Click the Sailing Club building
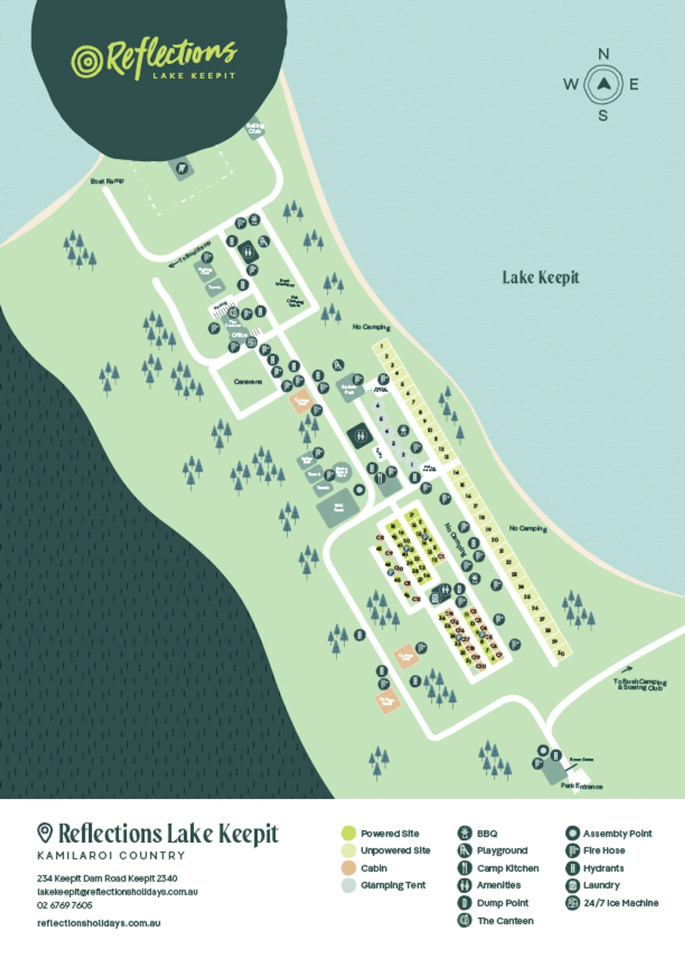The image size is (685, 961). click(255, 128)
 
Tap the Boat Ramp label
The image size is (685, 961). click(107, 181)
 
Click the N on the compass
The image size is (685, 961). click(604, 54)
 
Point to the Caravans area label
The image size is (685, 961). click(248, 382)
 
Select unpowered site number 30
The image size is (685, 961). click(560, 653)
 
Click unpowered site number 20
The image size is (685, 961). click(495, 540)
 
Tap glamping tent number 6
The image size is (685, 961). click(378, 406)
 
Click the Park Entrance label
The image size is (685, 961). click(581, 786)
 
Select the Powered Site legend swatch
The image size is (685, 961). click(349, 833)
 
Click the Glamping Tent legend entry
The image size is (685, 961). click(393, 885)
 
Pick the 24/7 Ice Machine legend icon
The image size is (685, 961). click(572, 903)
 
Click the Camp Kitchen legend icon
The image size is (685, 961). click(465, 868)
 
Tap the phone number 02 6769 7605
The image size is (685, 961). click(65, 905)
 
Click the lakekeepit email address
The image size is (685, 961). click(117, 892)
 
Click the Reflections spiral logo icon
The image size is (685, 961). click(87, 62)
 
